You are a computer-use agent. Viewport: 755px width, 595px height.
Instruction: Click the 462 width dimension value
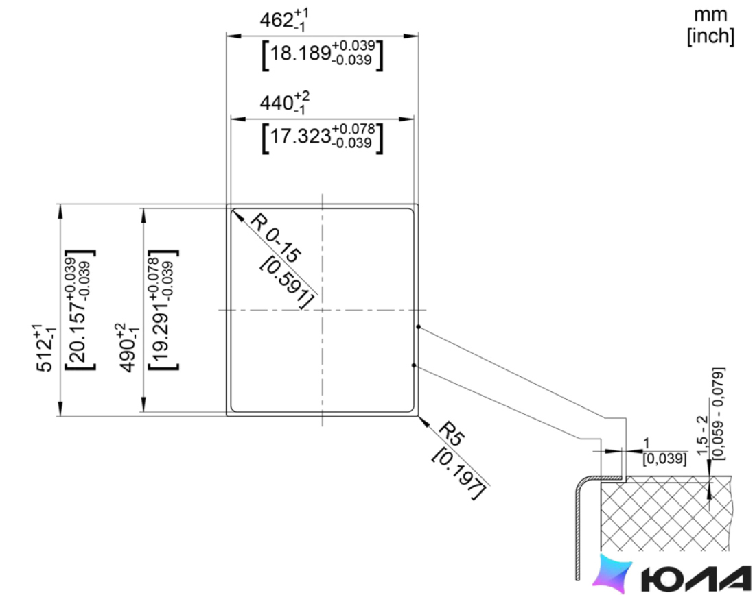[284, 20]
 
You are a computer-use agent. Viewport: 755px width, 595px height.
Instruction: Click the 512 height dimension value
[46, 348]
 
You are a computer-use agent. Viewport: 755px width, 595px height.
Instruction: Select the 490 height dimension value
[128, 348]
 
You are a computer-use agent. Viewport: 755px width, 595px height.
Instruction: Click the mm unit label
[710, 15]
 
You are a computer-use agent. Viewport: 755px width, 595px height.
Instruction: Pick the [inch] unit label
[710, 36]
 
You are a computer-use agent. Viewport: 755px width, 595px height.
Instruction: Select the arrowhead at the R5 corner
[424, 422]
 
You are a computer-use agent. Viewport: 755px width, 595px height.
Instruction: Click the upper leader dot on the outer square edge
[419, 326]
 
